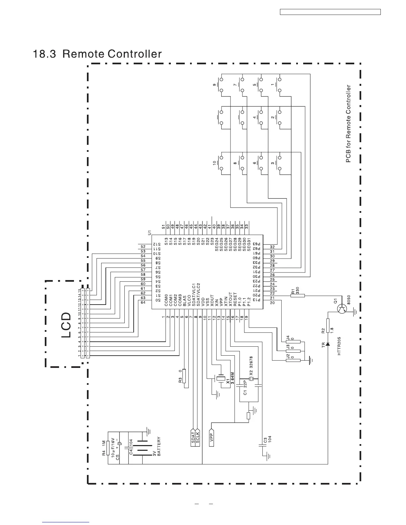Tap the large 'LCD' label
pos(67,325)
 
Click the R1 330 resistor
pos(298,296)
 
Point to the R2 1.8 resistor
pos(328,325)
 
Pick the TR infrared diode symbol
pos(328,345)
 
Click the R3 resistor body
pos(185,378)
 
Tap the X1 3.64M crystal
pos(221,378)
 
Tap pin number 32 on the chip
pos(272,247)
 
